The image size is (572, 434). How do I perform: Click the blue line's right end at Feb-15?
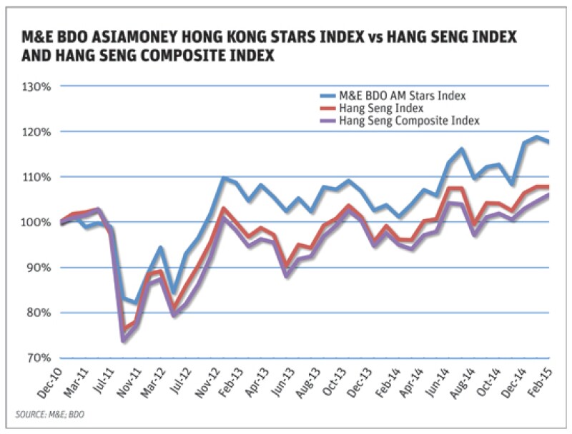click(x=548, y=142)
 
